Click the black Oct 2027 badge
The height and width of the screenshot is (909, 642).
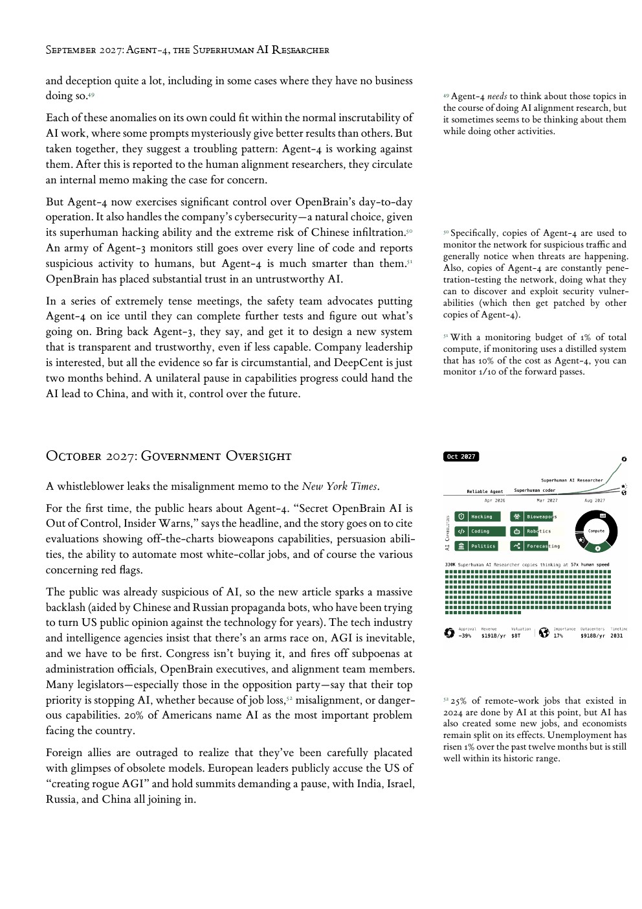click(x=461, y=457)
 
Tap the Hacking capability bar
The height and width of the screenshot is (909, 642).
click(x=478, y=516)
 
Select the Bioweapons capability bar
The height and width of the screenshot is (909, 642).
click(x=533, y=516)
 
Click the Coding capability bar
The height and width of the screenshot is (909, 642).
click(x=478, y=531)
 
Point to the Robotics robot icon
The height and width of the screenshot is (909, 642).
click(x=516, y=531)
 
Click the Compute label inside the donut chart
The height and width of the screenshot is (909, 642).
click(x=596, y=531)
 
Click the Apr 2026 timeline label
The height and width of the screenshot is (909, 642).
click(x=494, y=500)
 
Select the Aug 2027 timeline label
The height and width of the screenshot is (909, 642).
click(x=594, y=500)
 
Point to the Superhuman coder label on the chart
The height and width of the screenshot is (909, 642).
click(x=535, y=490)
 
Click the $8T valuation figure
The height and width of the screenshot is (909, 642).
click(x=515, y=636)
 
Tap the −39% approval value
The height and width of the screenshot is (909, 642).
click(x=465, y=636)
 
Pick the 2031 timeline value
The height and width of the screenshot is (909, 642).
click(x=616, y=636)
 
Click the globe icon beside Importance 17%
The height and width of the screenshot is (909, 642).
click(x=544, y=632)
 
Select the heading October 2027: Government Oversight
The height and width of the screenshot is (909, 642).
click(x=168, y=456)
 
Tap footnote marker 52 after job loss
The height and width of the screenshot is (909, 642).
click(x=289, y=698)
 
